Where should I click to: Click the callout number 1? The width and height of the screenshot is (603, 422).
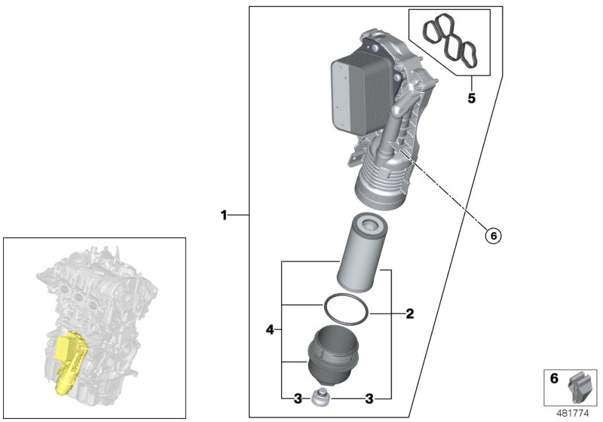click(x=224, y=216)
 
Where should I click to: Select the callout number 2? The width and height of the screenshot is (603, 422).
click(x=409, y=313)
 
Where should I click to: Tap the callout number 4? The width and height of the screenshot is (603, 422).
click(x=269, y=329)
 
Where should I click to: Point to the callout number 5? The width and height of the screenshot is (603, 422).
click(x=471, y=98)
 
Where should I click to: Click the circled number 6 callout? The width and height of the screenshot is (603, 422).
click(x=493, y=236)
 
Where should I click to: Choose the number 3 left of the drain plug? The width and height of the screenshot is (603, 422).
click(x=298, y=398)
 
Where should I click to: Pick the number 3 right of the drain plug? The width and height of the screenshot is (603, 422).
click(x=370, y=398)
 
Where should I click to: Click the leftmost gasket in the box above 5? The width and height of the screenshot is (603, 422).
click(x=432, y=32)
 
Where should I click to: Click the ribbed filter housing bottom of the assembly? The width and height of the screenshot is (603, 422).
click(x=384, y=185)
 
